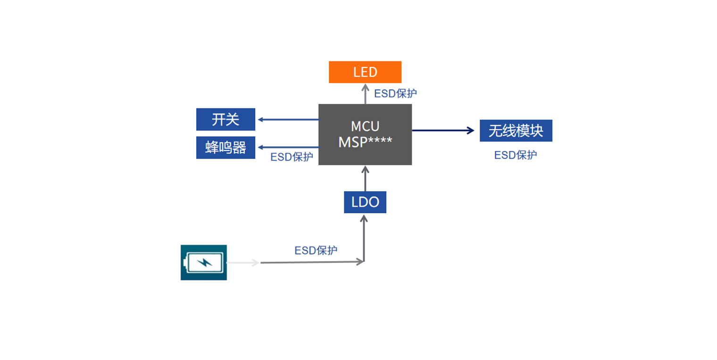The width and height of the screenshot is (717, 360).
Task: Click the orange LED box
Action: pos(365,72)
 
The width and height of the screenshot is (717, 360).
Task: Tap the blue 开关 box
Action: pos(225,119)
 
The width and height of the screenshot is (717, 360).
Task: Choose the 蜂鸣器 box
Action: pos(225,148)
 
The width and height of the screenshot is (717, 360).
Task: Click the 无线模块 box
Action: pos(516,131)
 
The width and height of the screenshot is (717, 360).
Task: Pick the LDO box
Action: pos(365,202)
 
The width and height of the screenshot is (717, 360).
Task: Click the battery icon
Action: pos(203,262)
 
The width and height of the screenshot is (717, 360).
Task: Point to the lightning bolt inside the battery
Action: pos(204,262)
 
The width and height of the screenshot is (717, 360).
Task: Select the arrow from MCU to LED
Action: pos(365,94)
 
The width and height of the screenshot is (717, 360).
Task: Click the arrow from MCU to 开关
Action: pos(288,119)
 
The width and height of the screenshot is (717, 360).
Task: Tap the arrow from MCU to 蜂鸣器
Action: pos(288,147)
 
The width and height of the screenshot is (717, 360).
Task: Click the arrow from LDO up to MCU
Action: pos(365,178)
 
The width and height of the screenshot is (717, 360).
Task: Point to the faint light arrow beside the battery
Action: pos(242,263)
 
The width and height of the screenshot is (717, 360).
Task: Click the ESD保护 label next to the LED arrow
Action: pos(395,93)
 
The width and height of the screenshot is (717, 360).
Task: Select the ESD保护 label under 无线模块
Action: pos(515,155)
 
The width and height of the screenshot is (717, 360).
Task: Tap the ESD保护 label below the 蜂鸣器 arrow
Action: pos(292,157)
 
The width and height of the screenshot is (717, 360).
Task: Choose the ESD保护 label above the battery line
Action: pos(316,251)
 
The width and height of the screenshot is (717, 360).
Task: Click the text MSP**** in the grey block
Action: pos(365,142)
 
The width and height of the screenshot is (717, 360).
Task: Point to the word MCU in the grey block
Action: pos(365,126)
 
